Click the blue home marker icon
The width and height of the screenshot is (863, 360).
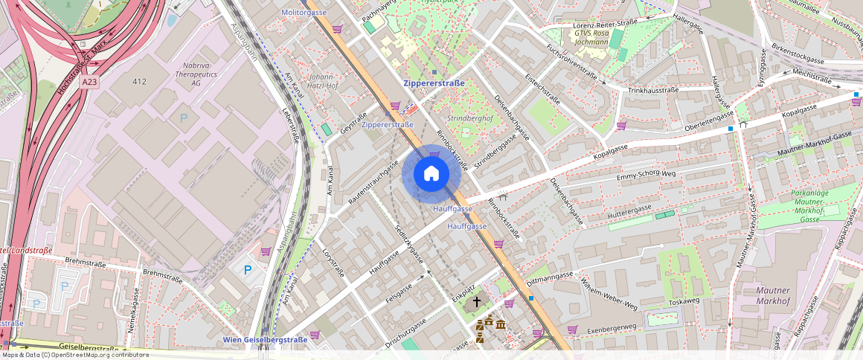(x=431, y=174)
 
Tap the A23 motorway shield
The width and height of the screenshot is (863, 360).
(x=90, y=82)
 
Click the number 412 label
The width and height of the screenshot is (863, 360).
(x=139, y=81)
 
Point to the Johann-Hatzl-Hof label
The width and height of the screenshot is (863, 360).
(x=322, y=80)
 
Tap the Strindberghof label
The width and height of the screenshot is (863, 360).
(x=469, y=119)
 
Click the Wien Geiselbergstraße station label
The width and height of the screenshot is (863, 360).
(x=265, y=340)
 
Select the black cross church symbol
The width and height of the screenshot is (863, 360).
(x=477, y=302)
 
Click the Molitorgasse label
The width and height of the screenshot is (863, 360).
(x=304, y=13)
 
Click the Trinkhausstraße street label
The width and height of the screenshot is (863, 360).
(x=653, y=90)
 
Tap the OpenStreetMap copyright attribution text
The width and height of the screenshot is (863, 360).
(x=74, y=355)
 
